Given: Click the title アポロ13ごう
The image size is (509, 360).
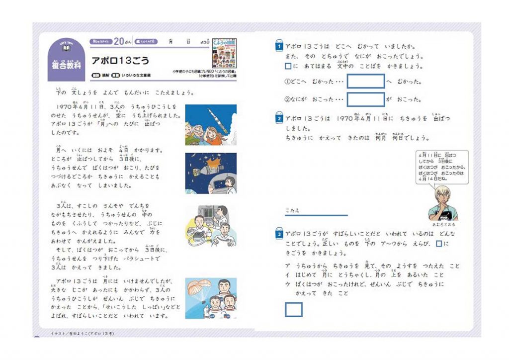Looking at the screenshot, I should [120, 61].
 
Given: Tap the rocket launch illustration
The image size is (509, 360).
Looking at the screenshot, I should [211, 124].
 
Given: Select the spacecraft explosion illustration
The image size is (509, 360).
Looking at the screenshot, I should [211, 173].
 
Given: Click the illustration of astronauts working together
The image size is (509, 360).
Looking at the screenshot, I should [211, 226].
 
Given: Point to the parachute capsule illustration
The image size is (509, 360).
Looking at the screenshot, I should [211, 298].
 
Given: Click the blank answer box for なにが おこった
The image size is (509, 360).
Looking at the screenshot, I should [365, 99].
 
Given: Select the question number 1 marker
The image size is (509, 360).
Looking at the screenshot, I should [280, 46].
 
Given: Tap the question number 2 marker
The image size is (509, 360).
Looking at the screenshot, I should [280, 119].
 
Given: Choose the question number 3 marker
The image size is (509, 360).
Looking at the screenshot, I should [280, 234].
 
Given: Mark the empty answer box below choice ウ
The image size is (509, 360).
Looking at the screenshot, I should [294, 309].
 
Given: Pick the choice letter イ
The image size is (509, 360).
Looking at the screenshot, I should [287, 275].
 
